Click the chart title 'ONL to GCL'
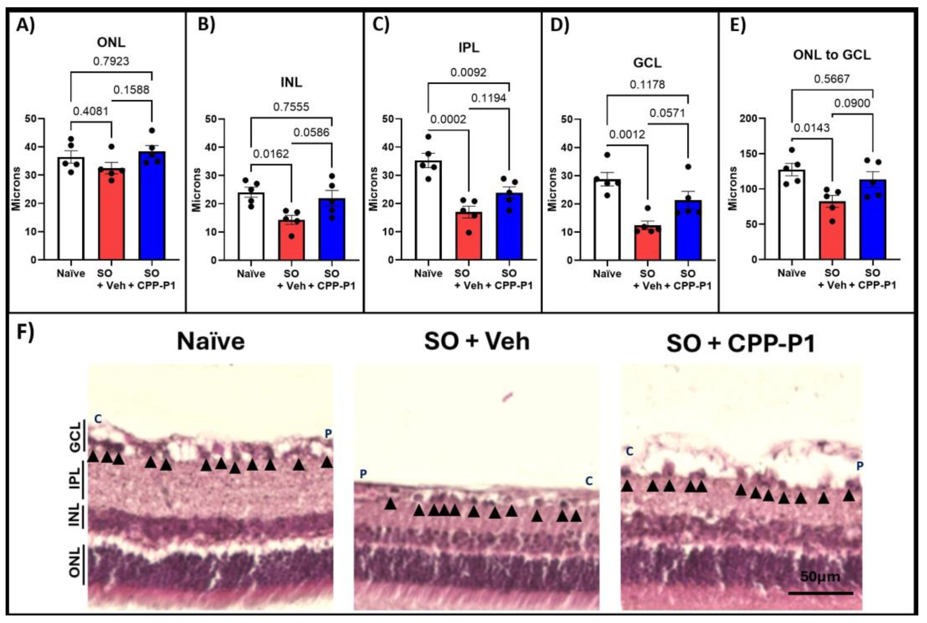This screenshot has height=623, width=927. coord(832,55)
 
